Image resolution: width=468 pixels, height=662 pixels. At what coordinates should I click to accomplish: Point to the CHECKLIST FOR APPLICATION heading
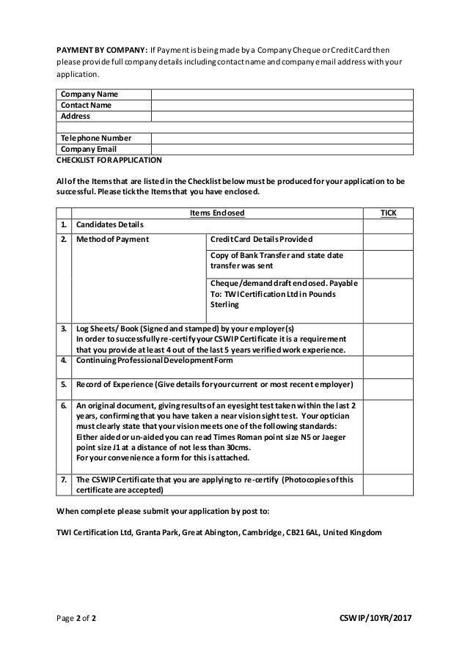click(x=109, y=159)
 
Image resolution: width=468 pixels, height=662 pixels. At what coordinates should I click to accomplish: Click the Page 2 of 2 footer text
click(x=76, y=618)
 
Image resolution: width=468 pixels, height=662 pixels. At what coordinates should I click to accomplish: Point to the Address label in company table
click(x=75, y=116)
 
